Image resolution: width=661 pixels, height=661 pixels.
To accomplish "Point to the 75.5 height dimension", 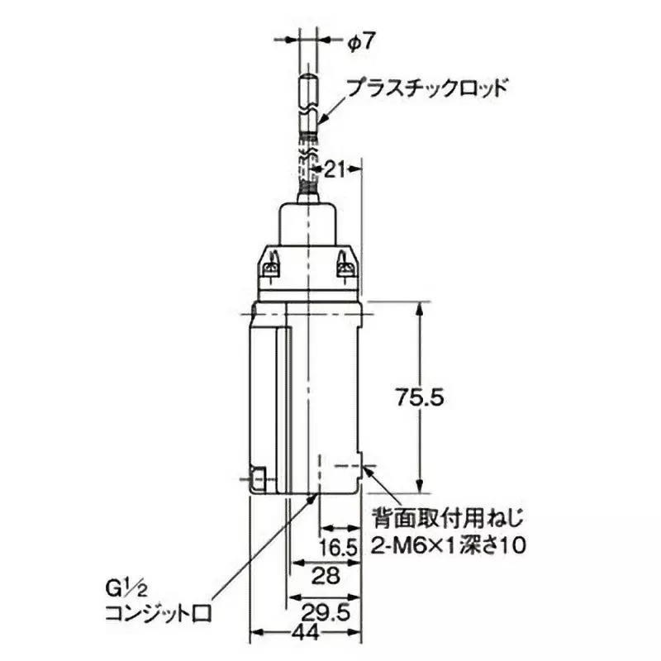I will point(419,397).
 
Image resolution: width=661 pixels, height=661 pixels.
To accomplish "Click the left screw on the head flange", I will point(270,266).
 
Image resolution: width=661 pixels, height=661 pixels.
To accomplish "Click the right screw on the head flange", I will point(345,266).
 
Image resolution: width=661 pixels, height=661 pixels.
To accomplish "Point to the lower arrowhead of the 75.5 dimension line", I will point(421,487).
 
